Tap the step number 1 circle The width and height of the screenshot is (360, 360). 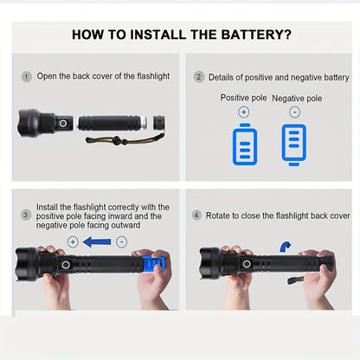click(26, 76)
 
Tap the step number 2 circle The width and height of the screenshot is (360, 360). click(198, 77)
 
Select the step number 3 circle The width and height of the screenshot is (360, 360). click(26, 215)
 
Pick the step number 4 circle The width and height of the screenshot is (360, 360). click(197, 215)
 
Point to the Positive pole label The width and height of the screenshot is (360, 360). click(244, 98)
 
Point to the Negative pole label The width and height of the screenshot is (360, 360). click(296, 98)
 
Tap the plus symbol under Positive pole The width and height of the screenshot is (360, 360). click(244, 112)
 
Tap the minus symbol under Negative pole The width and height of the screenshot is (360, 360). click(294, 112)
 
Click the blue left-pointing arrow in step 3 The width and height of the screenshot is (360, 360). click(98, 242)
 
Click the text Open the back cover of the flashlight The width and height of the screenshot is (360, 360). click(102, 77)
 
